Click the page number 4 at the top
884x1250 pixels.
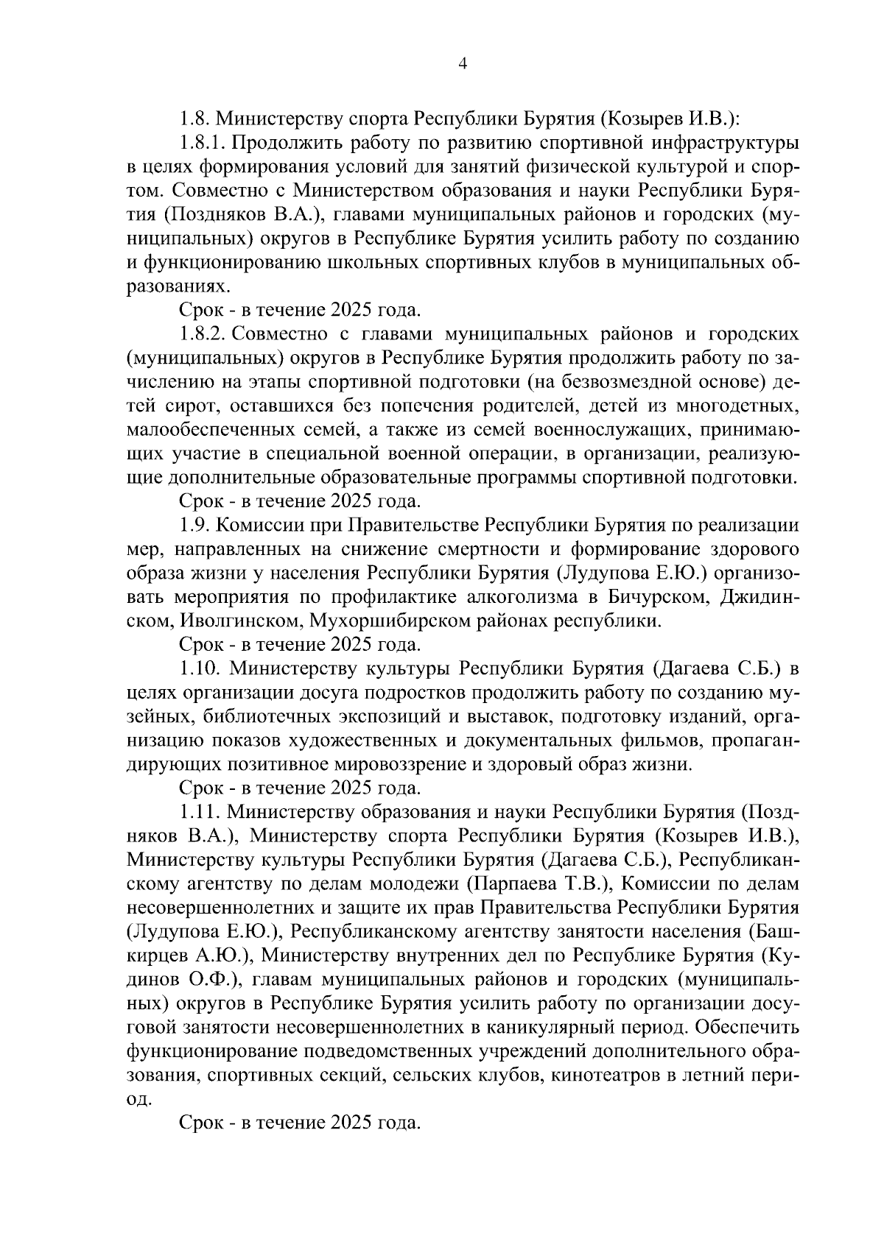coord(462,64)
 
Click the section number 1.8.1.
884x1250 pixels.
coord(201,141)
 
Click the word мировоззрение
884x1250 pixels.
coord(395,764)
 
